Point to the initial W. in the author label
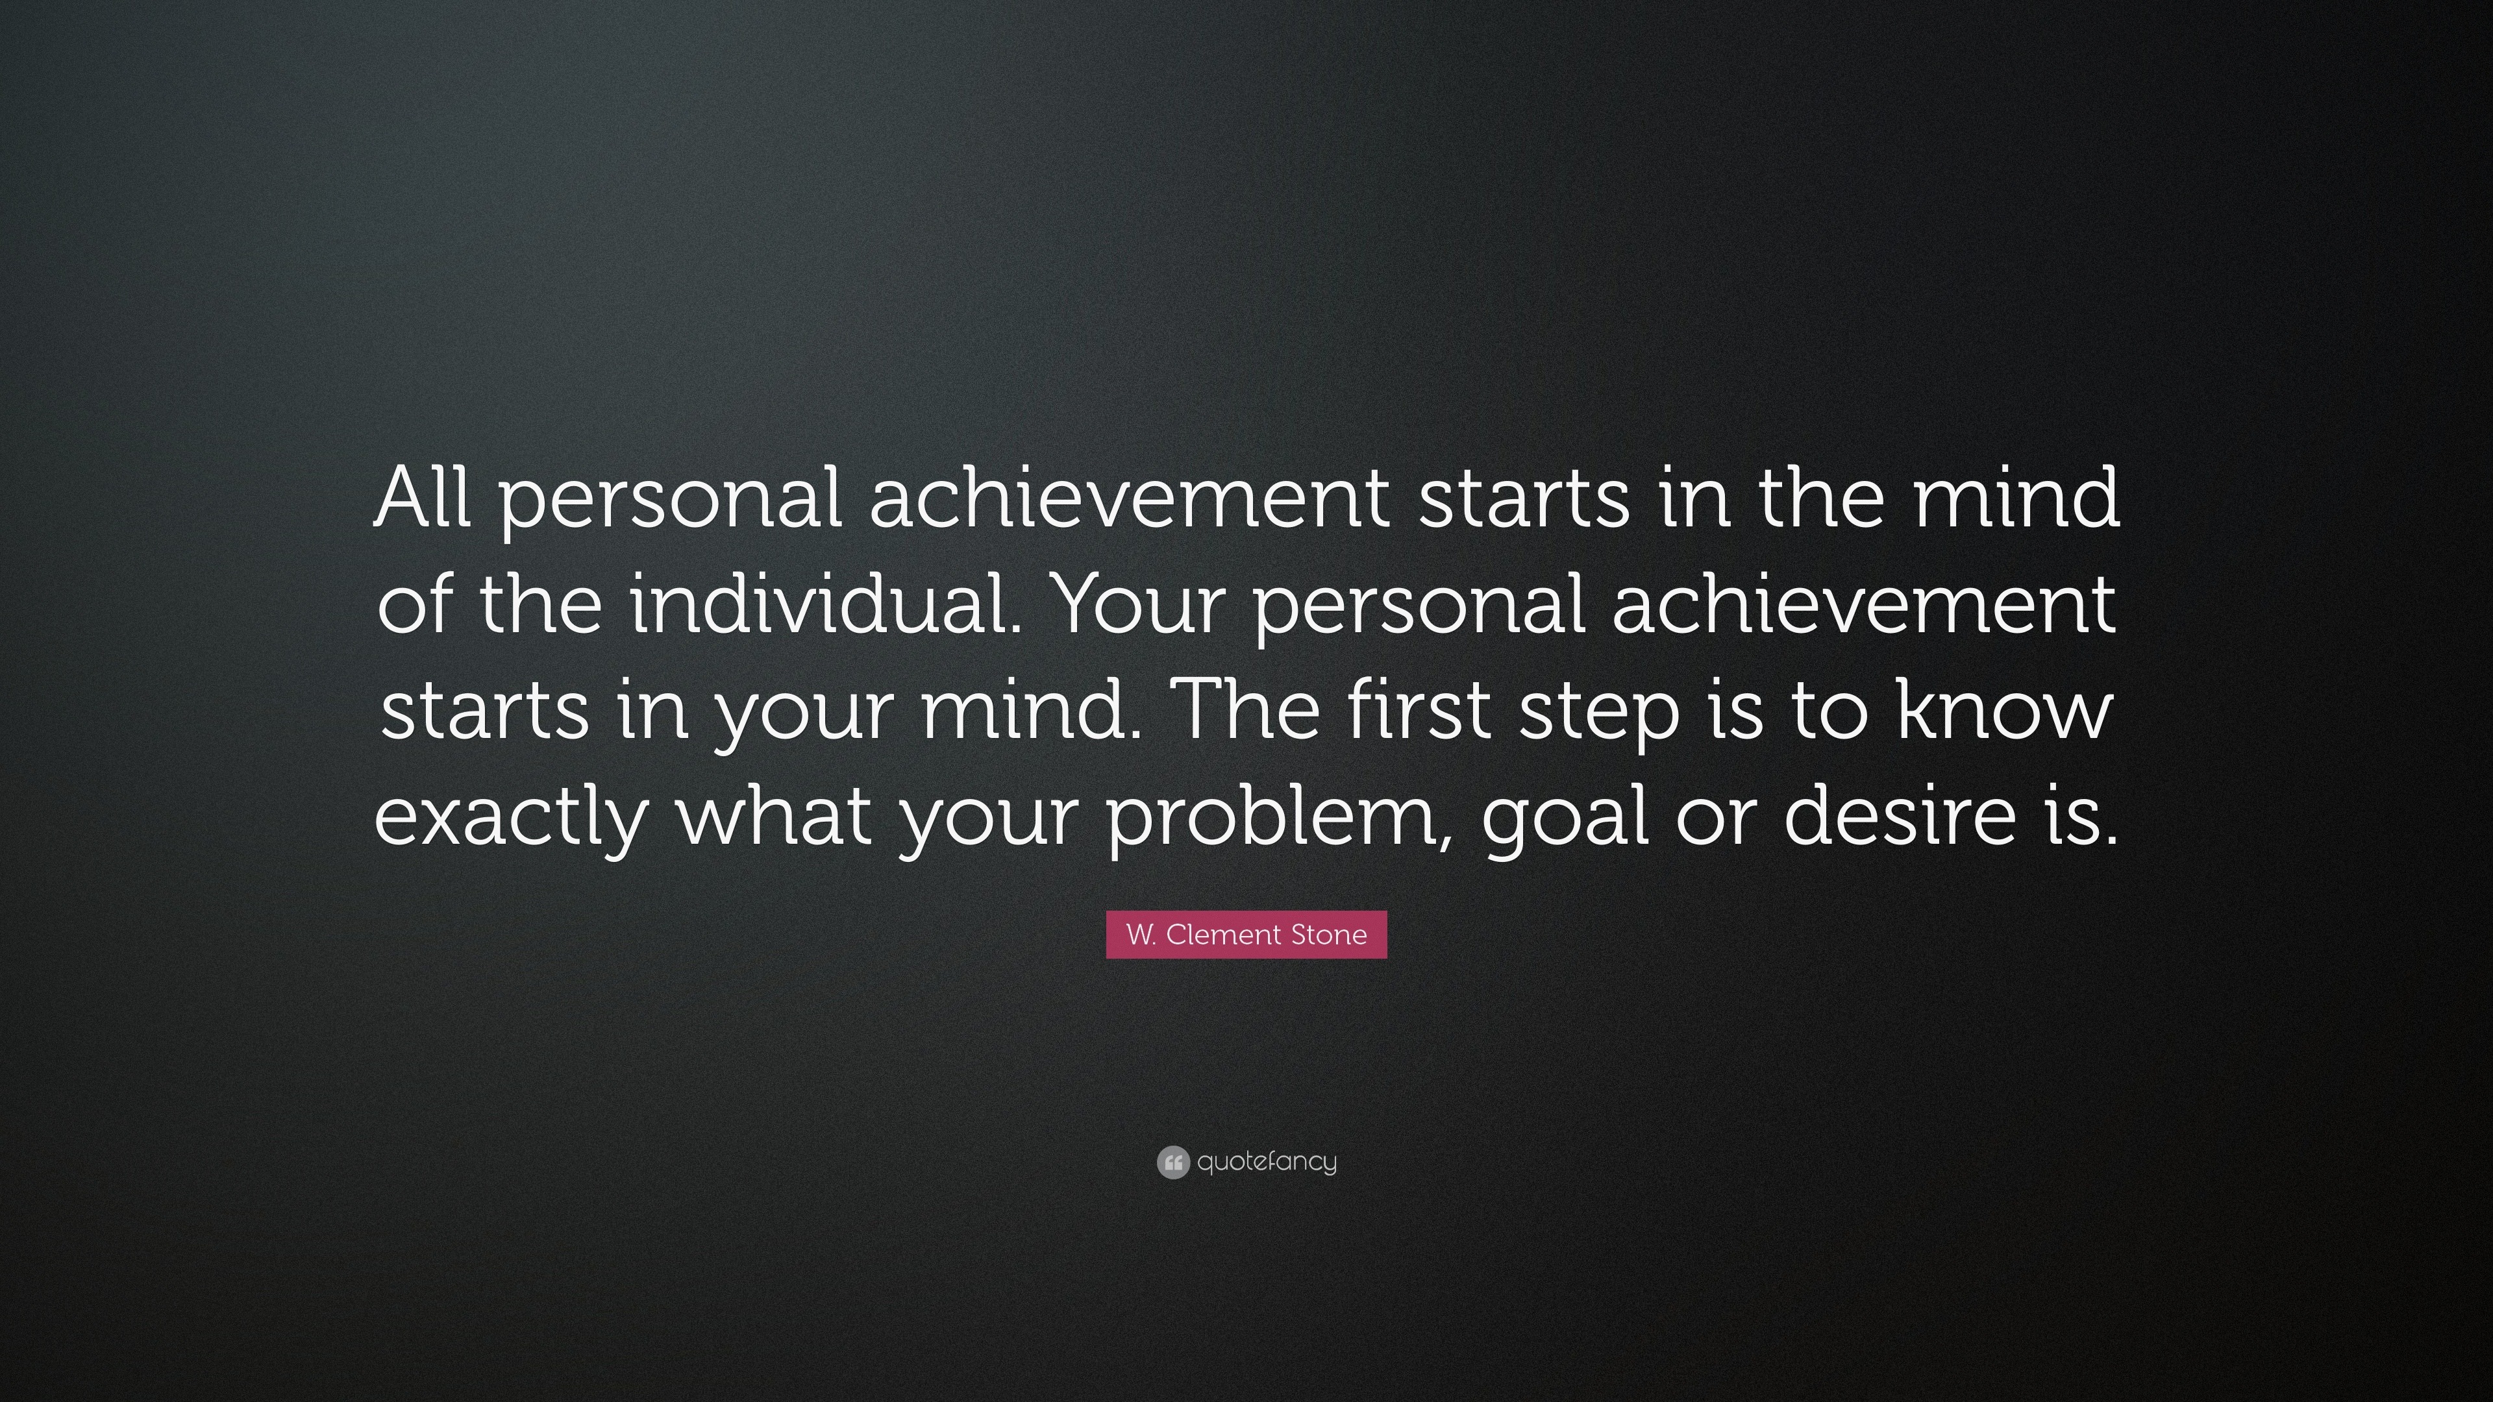1142,935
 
